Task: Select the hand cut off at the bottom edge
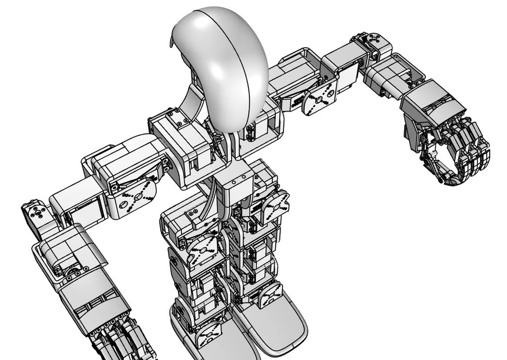122,337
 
